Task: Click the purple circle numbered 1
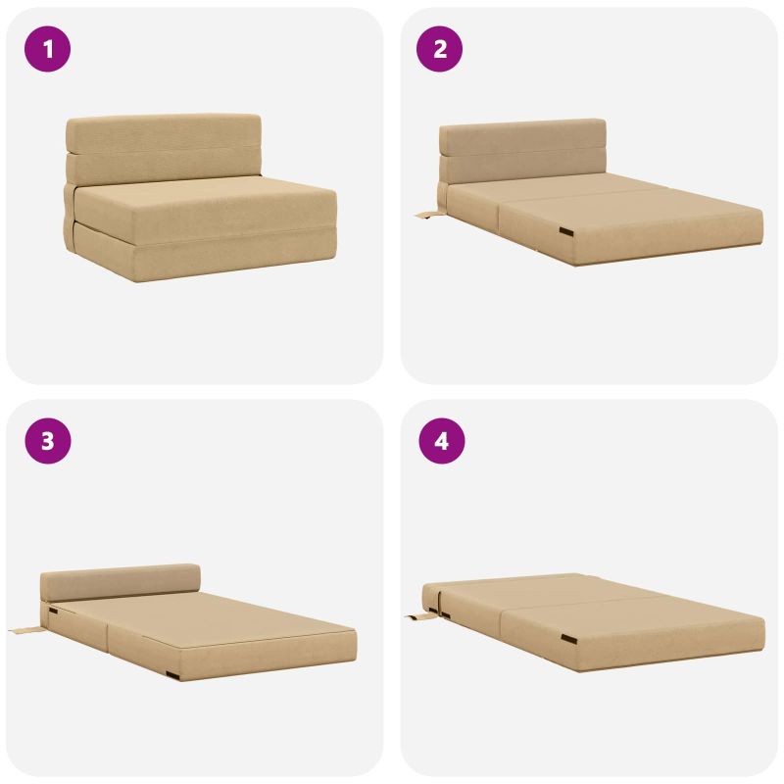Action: point(47,49)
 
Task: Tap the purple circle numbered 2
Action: point(439,49)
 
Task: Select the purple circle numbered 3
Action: point(47,441)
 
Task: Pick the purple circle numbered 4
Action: point(442,441)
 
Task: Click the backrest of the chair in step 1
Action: point(164,149)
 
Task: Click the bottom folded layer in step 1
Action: point(200,255)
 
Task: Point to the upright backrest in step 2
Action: point(522,152)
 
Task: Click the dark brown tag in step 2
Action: point(567,231)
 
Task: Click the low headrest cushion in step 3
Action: point(120,582)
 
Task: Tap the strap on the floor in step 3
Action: point(26,630)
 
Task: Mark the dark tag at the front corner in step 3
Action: point(172,675)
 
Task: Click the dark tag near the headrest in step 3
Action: point(53,611)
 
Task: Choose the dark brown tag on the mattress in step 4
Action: point(568,639)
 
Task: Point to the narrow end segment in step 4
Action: point(430,598)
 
